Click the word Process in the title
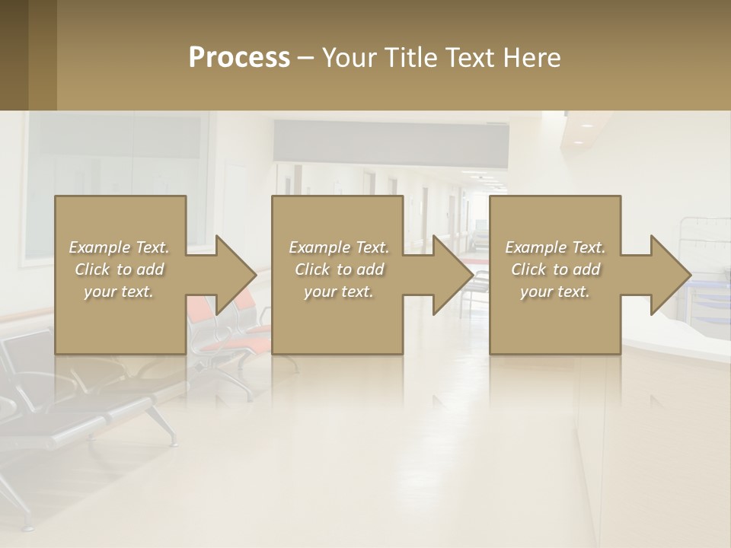coord(239,58)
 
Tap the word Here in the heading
coord(532,58)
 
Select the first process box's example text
coord(119,269)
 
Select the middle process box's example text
coord(339,269)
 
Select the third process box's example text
coord(555,269)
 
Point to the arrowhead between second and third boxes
coord(452,275)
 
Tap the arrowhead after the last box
coord(670,275)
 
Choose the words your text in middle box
coord(339,292)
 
